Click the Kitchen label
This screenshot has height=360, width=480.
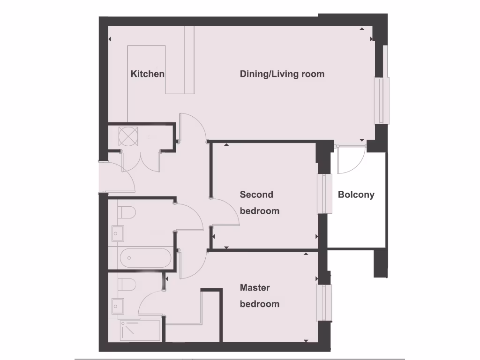point(147,74)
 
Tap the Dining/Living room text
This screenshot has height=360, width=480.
point(282,74)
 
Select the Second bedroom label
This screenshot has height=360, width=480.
point(259,202)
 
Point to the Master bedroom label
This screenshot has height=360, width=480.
point(259,296)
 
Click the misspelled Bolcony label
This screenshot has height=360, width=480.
point(356,195)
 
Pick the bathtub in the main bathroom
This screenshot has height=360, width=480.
point(145,258)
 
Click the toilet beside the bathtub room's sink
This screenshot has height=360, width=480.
point(126,212)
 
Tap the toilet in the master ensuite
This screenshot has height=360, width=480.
point(126,284)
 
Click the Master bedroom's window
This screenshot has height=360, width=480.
point(324,303)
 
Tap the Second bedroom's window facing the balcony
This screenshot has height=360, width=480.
point(324,194)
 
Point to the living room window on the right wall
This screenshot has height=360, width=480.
point(382,101)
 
